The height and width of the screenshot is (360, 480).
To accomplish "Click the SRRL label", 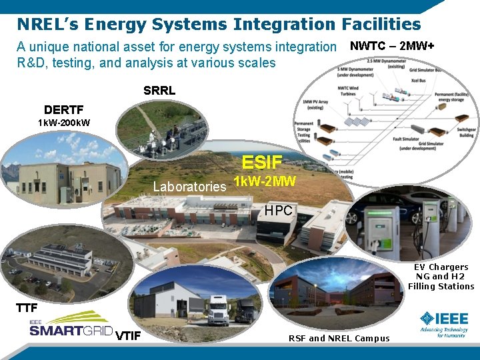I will pyautogui.click(x=159, y=91).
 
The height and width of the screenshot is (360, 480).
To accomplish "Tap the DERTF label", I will pyautogui.click(x=64, y=110).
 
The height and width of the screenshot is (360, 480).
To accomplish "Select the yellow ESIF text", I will pyautogui.click(x=262, y=162).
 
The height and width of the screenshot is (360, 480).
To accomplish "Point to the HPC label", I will pyautogui.click(x=278, y=211).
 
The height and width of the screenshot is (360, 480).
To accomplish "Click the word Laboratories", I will pyautogui.click(x=189, y=187).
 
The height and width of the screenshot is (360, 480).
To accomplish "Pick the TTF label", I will pyautogui.click(x=27, y=307).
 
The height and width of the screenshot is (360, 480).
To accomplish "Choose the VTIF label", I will pyautogui.click(x=128, y=335).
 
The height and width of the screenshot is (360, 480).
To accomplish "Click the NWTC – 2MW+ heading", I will pyautogui.click(x=392, y=47).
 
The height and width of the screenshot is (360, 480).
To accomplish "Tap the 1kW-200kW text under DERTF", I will pyautogui.click(x=64, y=123).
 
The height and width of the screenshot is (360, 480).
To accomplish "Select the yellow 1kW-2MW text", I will pyautogui.click(x=265, y=181).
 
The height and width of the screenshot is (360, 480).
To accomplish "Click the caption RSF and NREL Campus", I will pyautogui.click(x=339, y=338).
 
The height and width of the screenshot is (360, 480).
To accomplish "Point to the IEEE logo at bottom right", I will pyautogui.click(x=443, y=322).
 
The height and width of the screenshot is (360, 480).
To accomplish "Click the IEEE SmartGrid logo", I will pyautogui.click(x=70, y=325).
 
